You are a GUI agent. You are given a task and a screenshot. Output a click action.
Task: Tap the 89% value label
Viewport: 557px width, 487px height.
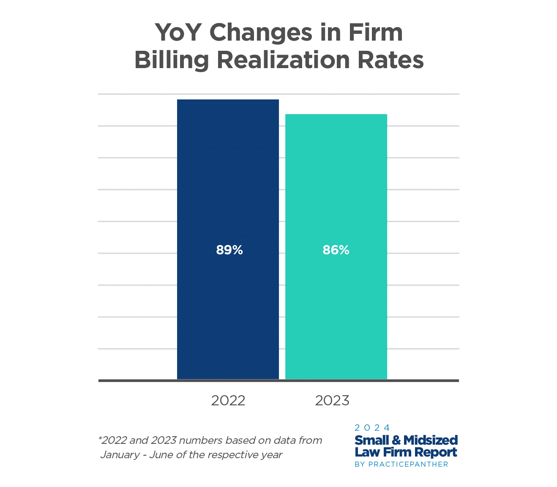pos(229,250)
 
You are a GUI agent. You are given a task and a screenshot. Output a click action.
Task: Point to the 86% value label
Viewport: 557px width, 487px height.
pos(336,250)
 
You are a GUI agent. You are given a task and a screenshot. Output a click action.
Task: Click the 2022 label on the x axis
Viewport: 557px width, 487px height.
pos(228,400)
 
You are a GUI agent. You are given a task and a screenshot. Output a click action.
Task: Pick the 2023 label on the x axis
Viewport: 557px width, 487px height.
pos(332,400)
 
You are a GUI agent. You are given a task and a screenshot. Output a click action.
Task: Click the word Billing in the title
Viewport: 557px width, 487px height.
pos(172,60)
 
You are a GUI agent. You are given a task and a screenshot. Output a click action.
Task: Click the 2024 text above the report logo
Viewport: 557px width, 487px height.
pos(372,428)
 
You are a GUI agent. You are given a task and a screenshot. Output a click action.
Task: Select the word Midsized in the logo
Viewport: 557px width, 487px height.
pos(431,440)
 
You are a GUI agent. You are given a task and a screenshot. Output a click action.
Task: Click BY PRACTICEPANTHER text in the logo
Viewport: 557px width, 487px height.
pos(401,464)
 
